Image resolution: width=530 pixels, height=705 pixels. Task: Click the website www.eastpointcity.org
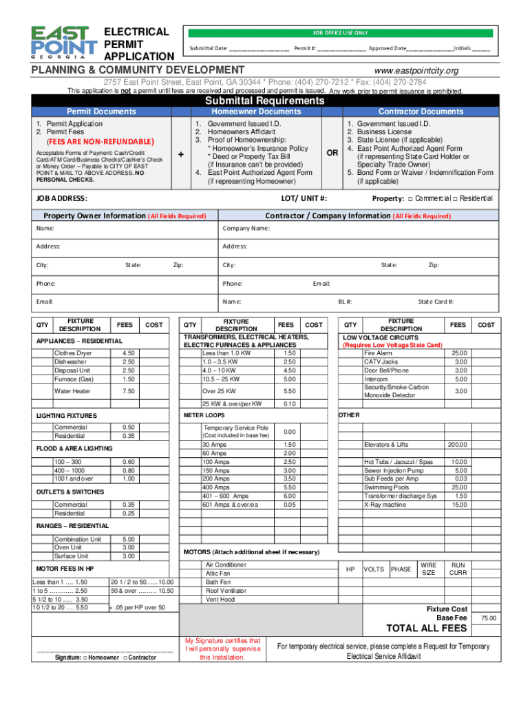(416, 71)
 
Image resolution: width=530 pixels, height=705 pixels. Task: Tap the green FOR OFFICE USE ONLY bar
(341, 32)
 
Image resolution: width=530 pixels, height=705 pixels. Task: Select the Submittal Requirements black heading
(264, 101)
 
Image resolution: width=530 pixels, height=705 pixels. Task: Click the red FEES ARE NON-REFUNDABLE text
(95, 142)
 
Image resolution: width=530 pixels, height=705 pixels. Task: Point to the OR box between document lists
(332, 153)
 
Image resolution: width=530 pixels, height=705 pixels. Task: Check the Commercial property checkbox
(410, 198)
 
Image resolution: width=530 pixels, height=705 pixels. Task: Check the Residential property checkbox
(456, 198)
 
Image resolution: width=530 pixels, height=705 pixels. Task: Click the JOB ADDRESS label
(61, 198)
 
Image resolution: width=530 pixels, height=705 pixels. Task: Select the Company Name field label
(246, 228)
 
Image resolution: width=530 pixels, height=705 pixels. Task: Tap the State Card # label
(436, 302)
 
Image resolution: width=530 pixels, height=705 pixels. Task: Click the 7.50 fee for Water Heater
(128, 391)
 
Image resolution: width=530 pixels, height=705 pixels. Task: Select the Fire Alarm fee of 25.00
(460, 353)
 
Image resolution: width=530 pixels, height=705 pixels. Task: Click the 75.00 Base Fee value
(488, 618)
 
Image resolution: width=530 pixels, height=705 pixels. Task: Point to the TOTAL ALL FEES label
(427, 629)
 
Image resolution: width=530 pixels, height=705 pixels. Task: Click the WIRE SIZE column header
(428, 569)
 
